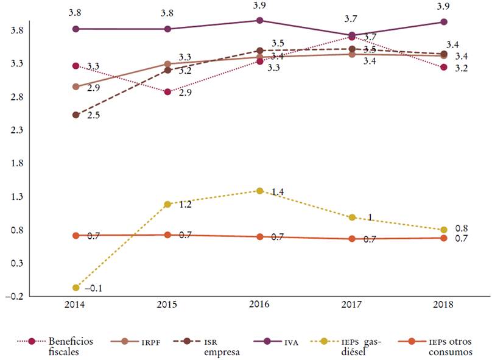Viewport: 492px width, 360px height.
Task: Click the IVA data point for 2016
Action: tap(260, 21)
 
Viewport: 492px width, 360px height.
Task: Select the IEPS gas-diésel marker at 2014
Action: tap(76, 288)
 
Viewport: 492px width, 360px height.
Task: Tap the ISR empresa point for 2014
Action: tap(76, 115)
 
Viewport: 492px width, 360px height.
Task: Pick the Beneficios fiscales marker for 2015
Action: tap(168, 92)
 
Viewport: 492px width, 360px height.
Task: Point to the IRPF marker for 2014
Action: tap(76, 87)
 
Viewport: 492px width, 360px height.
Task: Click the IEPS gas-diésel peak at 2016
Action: tap(260, 191)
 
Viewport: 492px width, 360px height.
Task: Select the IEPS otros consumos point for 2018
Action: tap(444, 238)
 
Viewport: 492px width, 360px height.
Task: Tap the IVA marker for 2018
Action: tap(444, 22)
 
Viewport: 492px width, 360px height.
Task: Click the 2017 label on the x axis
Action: tap(352, 306)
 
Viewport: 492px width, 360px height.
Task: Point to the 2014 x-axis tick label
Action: tap(76, 306)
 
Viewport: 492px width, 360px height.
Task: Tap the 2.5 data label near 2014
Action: tap(93, 115)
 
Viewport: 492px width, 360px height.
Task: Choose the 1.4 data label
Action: tap(278, 192)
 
